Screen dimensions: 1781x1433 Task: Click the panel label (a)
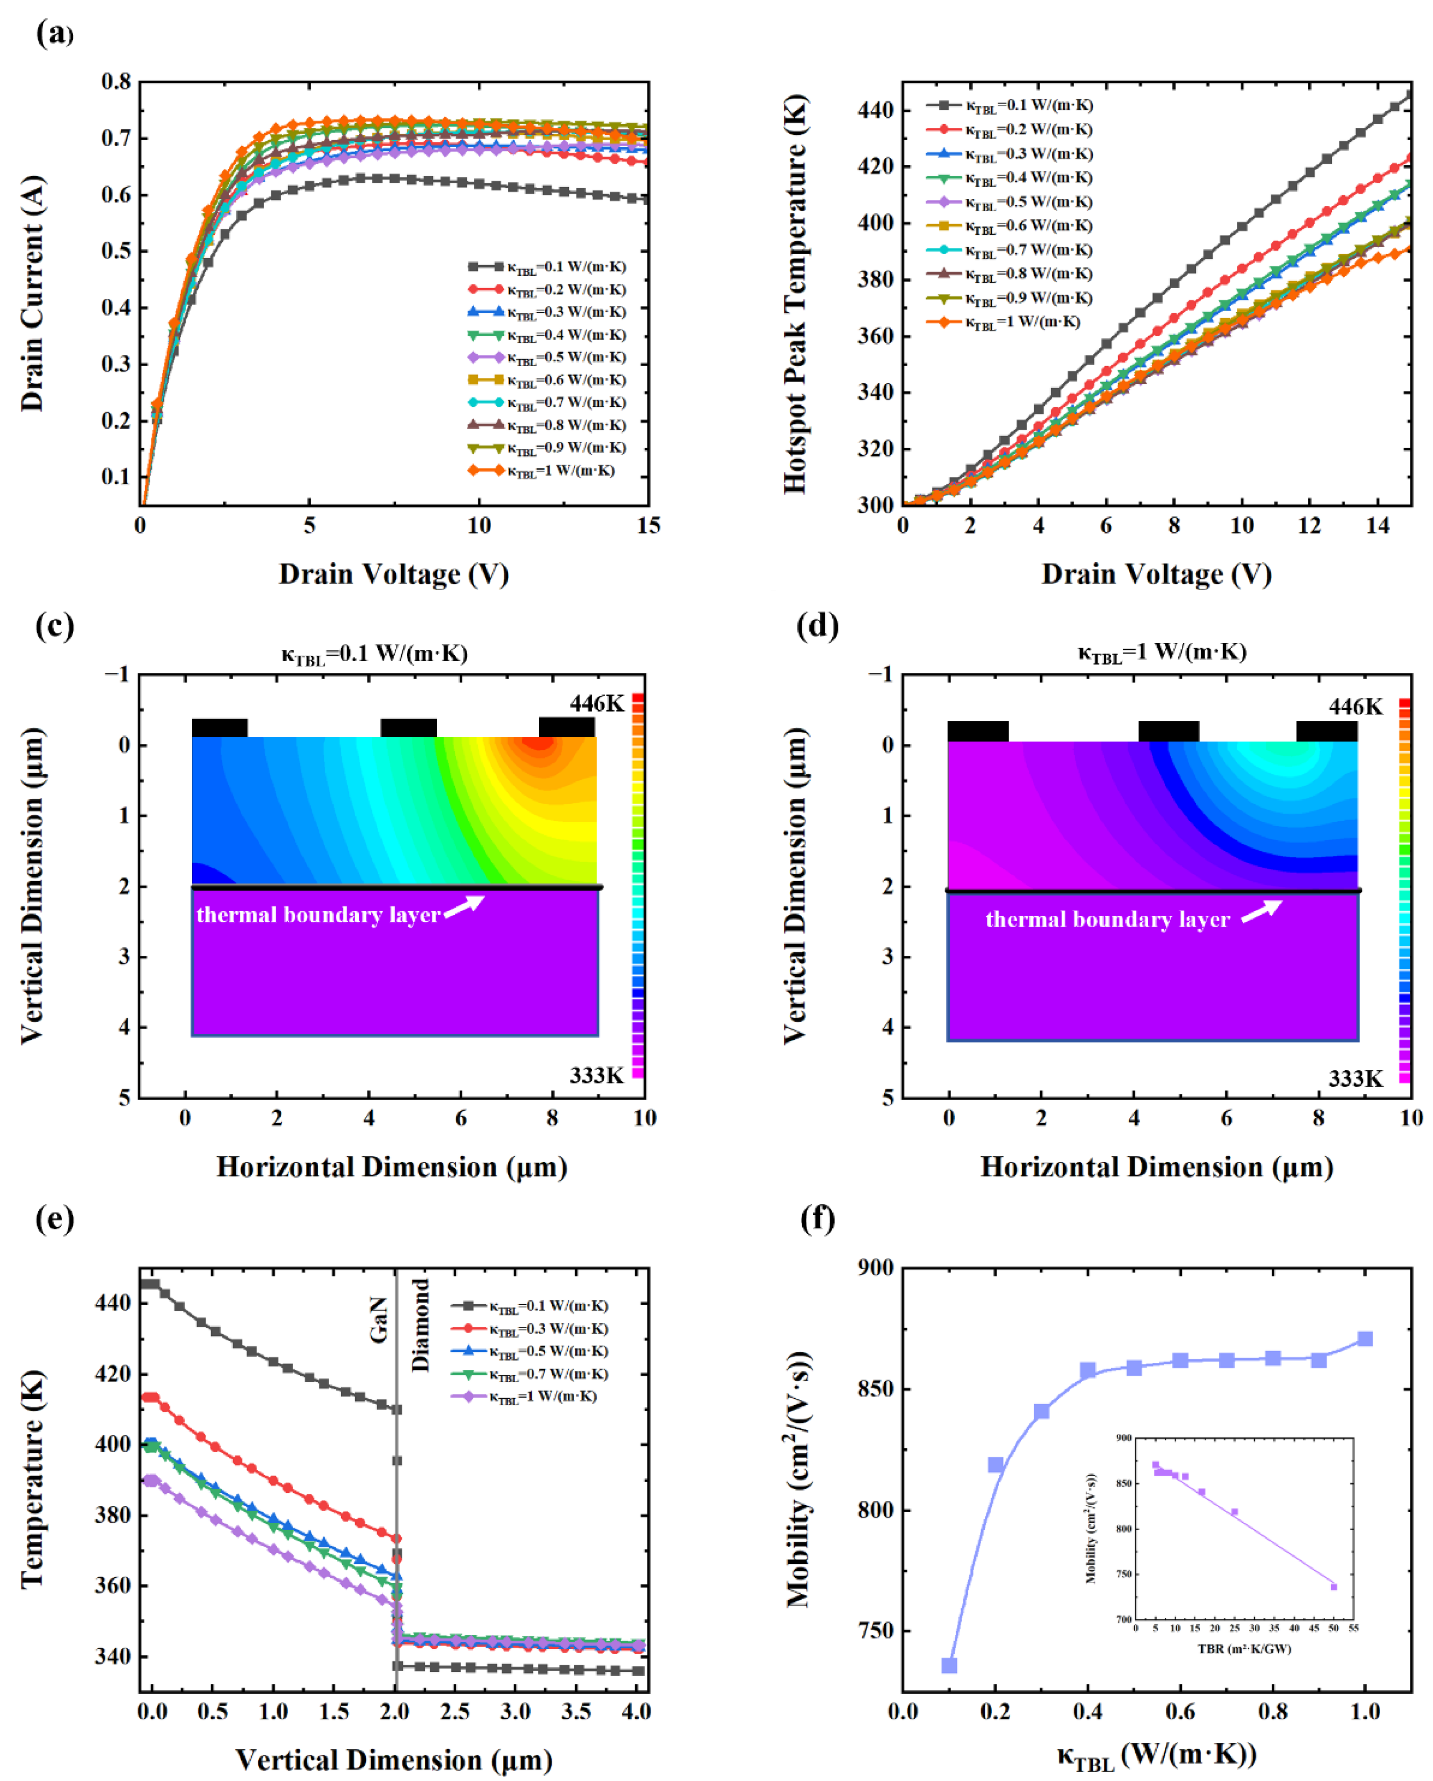[x=55, y=35]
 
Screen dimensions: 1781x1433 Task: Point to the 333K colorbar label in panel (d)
[x=1355, y=1078]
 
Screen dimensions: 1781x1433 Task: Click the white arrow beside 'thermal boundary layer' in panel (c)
[x=465, y=905]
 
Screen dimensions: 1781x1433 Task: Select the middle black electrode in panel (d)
[x=1169, y=731]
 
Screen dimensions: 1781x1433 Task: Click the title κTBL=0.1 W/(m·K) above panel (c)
[x=374, y=654]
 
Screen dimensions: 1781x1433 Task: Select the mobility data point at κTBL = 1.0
[x=1365, y=1339]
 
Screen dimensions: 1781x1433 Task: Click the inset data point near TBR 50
[x=1333, y=1587]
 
